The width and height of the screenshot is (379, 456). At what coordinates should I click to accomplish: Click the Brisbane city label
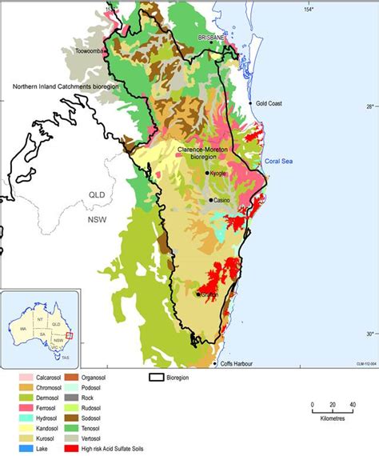click(212, 38)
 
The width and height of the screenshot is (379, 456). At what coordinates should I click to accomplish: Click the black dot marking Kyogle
click(208, 173)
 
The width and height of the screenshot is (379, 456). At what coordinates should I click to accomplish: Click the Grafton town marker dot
click(198, 294)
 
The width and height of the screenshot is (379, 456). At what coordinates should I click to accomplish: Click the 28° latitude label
click(369, 106)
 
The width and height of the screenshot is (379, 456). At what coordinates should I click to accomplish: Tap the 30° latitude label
click(369, 334)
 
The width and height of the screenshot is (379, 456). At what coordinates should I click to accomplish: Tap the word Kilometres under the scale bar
click(331, 417)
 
